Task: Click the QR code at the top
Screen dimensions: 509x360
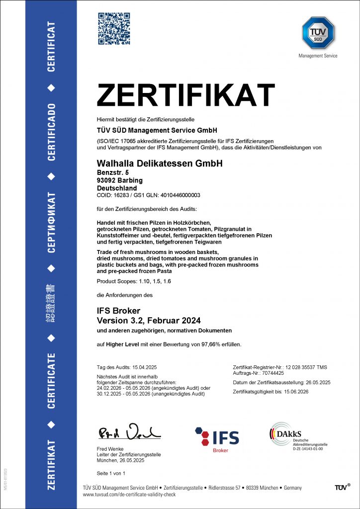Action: coord(114,29)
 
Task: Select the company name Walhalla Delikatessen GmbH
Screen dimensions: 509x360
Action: coord(160,164)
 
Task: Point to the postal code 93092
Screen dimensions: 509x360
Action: coord(107,180)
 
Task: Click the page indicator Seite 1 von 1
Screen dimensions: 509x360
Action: coord(111,473)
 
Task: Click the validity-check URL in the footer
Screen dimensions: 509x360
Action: coord(129,495)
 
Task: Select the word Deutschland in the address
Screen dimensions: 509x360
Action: coord(116,188)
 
